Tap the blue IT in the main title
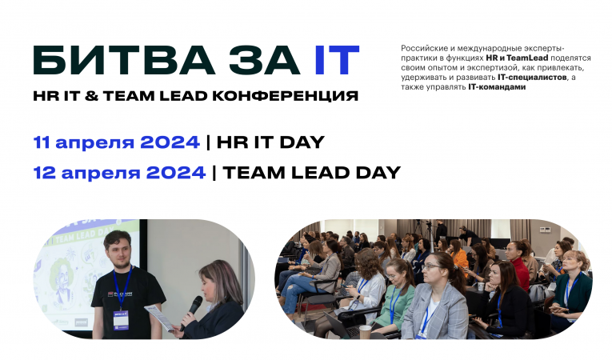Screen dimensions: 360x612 336,62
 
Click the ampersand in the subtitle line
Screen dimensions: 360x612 111,96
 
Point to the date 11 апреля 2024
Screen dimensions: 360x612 116,142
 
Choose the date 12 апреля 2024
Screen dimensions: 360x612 119,172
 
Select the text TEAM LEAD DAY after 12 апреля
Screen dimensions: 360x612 311,172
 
